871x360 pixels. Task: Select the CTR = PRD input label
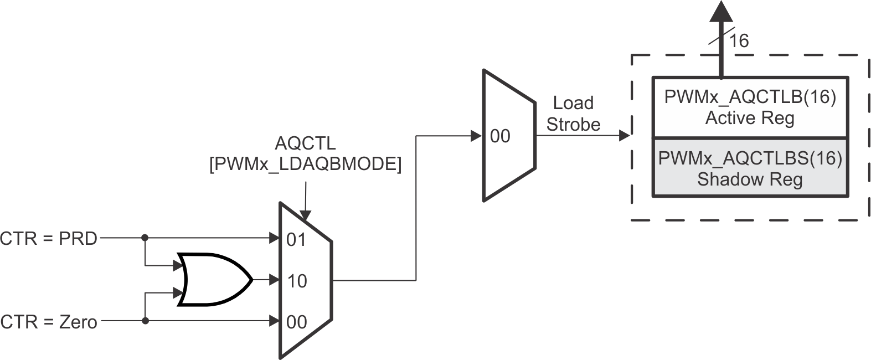49,239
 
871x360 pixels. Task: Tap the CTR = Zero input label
49,322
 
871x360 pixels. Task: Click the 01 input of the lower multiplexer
296,240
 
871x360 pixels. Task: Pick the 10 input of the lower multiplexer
297,281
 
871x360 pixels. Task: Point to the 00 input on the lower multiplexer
297,322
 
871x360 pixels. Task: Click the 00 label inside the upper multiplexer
500,136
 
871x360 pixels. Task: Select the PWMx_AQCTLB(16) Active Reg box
750,107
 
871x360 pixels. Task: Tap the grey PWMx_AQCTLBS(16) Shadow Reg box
750,168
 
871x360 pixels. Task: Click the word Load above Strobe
573,103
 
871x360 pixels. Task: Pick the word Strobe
573,125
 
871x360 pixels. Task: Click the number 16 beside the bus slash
739,41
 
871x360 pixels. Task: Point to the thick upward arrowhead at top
721,11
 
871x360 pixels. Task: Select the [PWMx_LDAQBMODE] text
305,164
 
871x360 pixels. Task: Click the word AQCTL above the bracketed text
305,143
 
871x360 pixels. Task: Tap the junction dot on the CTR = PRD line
145,238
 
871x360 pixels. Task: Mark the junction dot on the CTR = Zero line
145,321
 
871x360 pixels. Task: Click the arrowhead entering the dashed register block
624,135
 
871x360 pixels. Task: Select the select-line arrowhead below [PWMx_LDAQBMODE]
305,215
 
